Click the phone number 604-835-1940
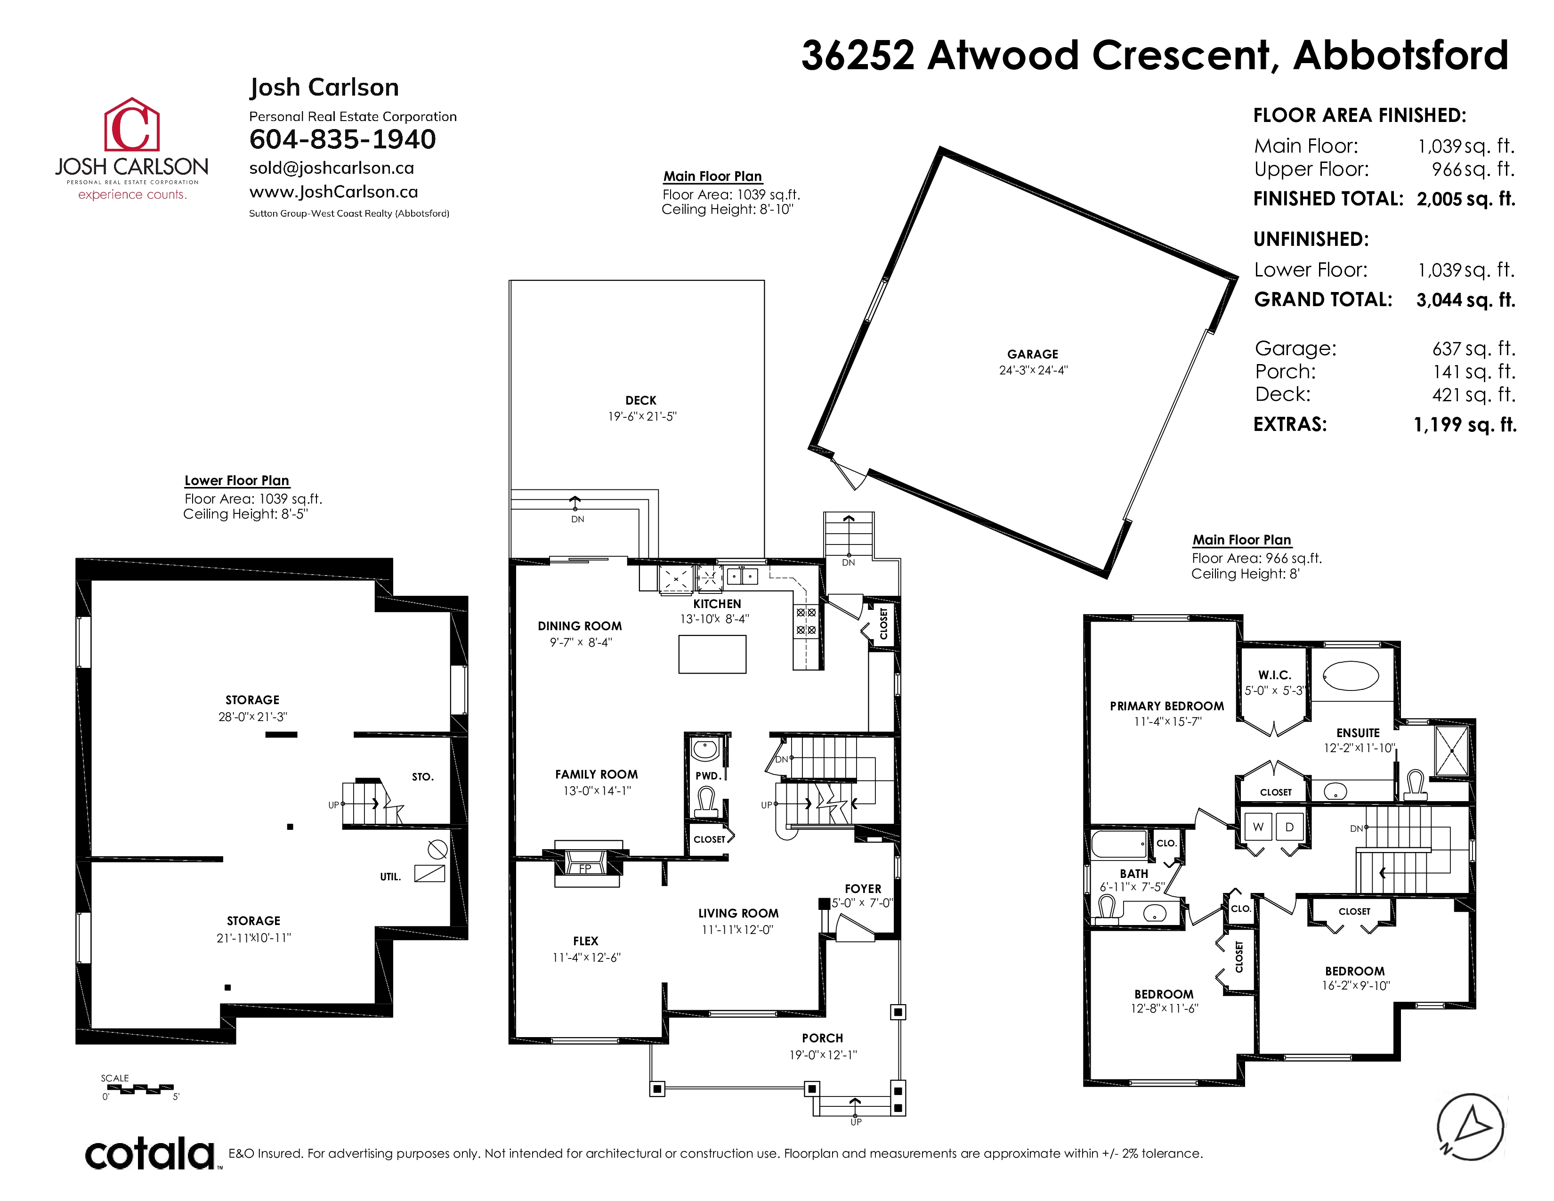coord(342,139)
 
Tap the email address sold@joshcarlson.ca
coord(332,168)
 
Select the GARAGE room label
coord(1032,354)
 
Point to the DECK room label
coord(641,401)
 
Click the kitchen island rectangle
coord(712,654)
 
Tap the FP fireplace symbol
coord(585,868)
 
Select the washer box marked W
coord(1258,827)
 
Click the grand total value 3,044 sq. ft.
coord(1466,300)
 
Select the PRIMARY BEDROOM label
coord(1167,706)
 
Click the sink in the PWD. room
coord(704,750)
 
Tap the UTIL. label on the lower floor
coord(391,876)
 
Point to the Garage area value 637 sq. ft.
coord(1473,349)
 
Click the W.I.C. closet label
coord(1274,674)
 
